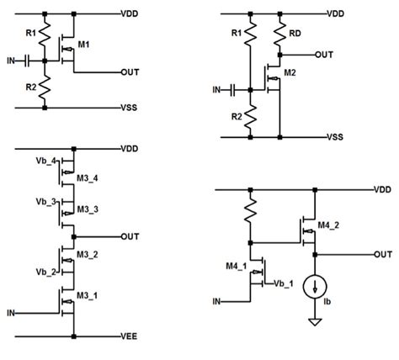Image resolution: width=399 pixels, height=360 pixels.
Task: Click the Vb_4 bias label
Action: click(x=45, y=160)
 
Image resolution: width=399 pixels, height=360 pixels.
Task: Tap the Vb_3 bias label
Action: click(x=45, y=203)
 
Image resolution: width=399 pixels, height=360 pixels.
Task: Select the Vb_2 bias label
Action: click(x=45, y=272)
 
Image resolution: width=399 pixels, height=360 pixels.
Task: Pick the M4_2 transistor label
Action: click(x=329, y=225)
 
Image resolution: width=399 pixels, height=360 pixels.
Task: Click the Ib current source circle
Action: click(x=314, y=288)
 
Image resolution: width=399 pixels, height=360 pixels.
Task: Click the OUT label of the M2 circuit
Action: click(x=326, y=55)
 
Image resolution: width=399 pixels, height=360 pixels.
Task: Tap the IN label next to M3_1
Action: click(x=11, y=312)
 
